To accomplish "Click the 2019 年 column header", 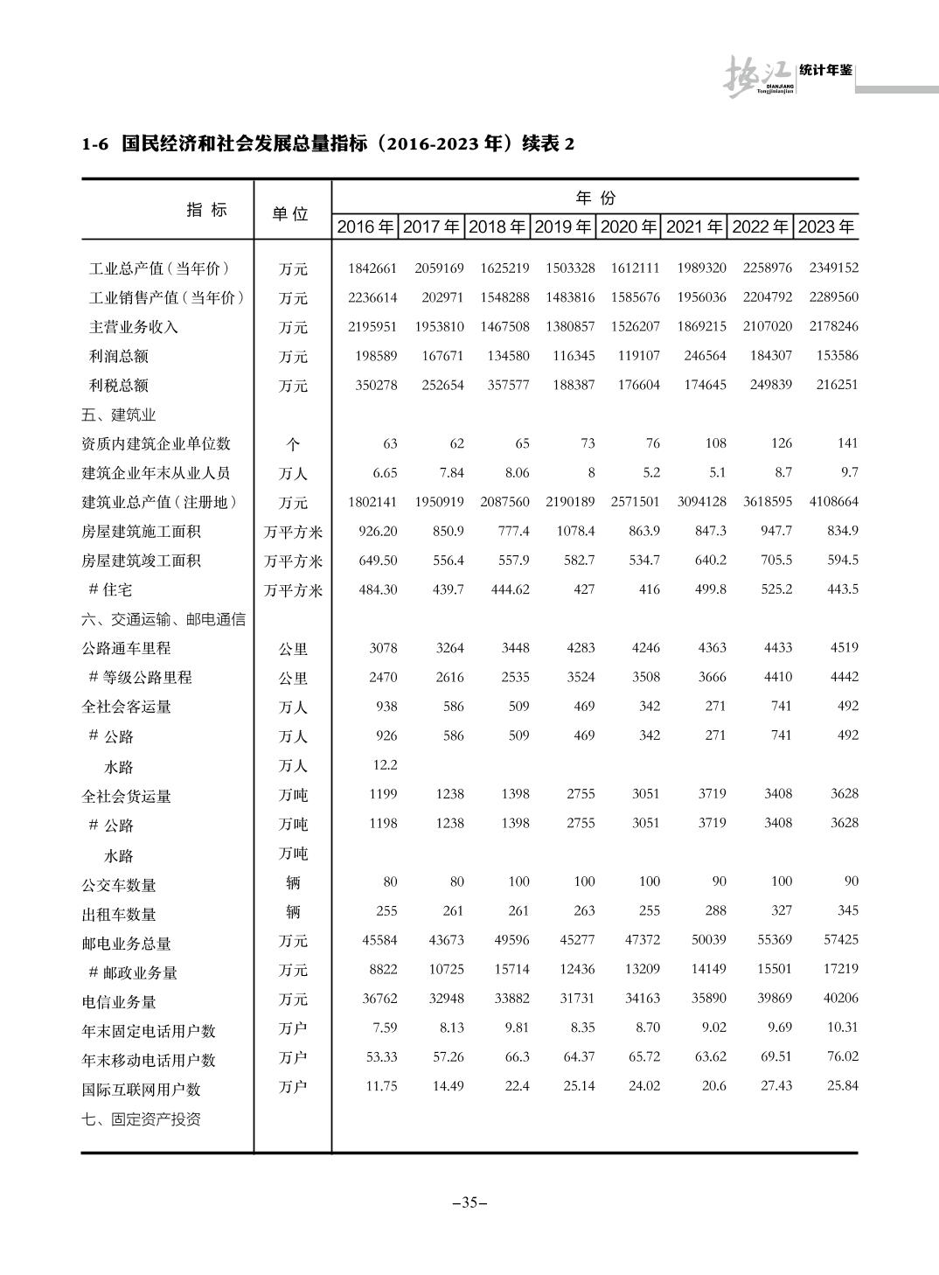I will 563,226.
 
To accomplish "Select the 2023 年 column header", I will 826,226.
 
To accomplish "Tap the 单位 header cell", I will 291,213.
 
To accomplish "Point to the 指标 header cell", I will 206,209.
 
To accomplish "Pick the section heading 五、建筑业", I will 119,415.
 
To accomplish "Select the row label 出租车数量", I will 119,915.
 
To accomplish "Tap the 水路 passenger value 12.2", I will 385,765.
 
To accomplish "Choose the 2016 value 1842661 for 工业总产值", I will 372,268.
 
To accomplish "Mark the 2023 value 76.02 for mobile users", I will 843,1056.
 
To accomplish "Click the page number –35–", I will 469,1202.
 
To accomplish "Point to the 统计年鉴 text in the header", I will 825,70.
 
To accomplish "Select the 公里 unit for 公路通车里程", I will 293,649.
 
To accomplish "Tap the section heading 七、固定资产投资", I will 142,1119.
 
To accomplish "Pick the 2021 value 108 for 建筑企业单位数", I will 715,443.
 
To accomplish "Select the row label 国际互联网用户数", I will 142,1090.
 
